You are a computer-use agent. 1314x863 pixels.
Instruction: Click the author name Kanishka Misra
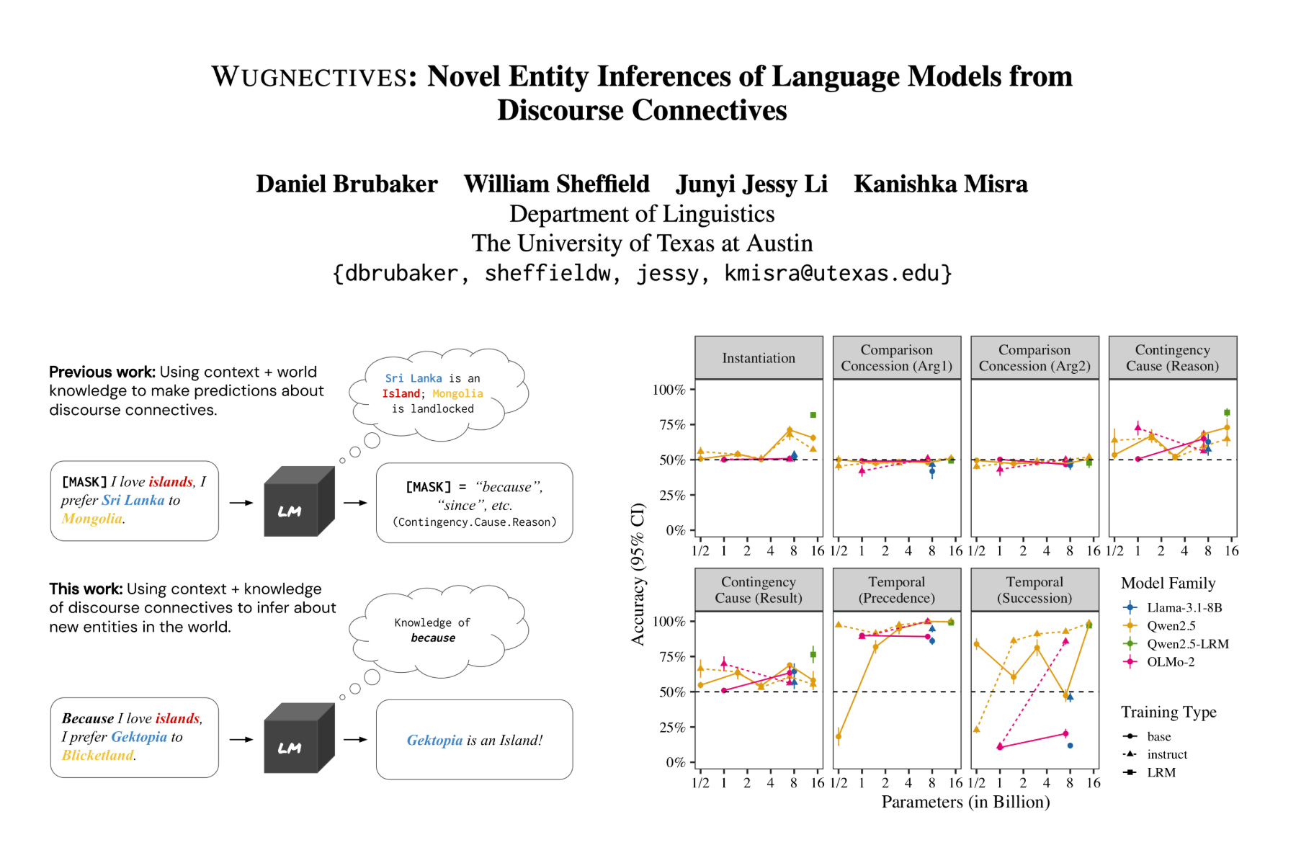[940, 184]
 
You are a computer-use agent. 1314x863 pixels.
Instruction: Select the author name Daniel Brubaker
[347, 184]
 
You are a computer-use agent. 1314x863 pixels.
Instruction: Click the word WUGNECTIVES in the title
[310, 77]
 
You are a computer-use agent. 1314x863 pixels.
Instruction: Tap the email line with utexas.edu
[642, 274]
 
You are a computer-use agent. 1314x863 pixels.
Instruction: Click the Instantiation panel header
[759, 358]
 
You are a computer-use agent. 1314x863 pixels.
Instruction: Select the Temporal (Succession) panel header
[1034, 590]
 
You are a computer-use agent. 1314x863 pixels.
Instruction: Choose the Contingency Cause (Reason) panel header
[1172, 358]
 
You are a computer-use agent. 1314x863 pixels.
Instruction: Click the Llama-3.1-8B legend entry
[1184, 608]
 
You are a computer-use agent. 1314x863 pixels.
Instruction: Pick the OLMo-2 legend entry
[1170, 662]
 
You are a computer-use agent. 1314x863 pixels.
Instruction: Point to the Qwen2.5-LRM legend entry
[1187, 644]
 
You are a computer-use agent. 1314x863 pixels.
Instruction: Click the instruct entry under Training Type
[1166, 754]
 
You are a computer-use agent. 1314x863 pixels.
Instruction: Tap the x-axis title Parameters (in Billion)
[965, 802]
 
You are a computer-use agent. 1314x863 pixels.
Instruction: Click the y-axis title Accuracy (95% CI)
[638, 573]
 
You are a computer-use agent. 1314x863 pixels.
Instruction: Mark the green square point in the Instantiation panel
[813, 415]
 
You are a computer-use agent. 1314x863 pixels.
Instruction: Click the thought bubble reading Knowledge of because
[433, 631]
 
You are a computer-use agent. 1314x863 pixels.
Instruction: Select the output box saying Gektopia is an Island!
[474, 741]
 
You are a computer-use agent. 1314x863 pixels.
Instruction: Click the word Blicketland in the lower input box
[97, 756]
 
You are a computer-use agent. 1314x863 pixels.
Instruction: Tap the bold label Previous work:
[102, 372]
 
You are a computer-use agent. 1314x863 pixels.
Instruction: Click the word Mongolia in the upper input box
[91, 519]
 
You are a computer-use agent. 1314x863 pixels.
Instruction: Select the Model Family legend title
[1168, 583]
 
